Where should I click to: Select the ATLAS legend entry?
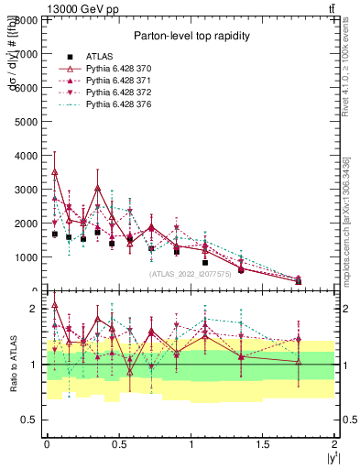(x=98, y=57)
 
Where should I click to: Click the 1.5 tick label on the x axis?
(x=263, y=444)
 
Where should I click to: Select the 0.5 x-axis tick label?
(x=118, y=444)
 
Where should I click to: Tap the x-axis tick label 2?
(x=334, y=444)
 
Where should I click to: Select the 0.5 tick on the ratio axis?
(x=31, y=420)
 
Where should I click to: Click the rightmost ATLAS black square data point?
(x=299, y=281)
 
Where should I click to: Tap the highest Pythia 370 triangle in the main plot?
(x=55, y=171)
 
